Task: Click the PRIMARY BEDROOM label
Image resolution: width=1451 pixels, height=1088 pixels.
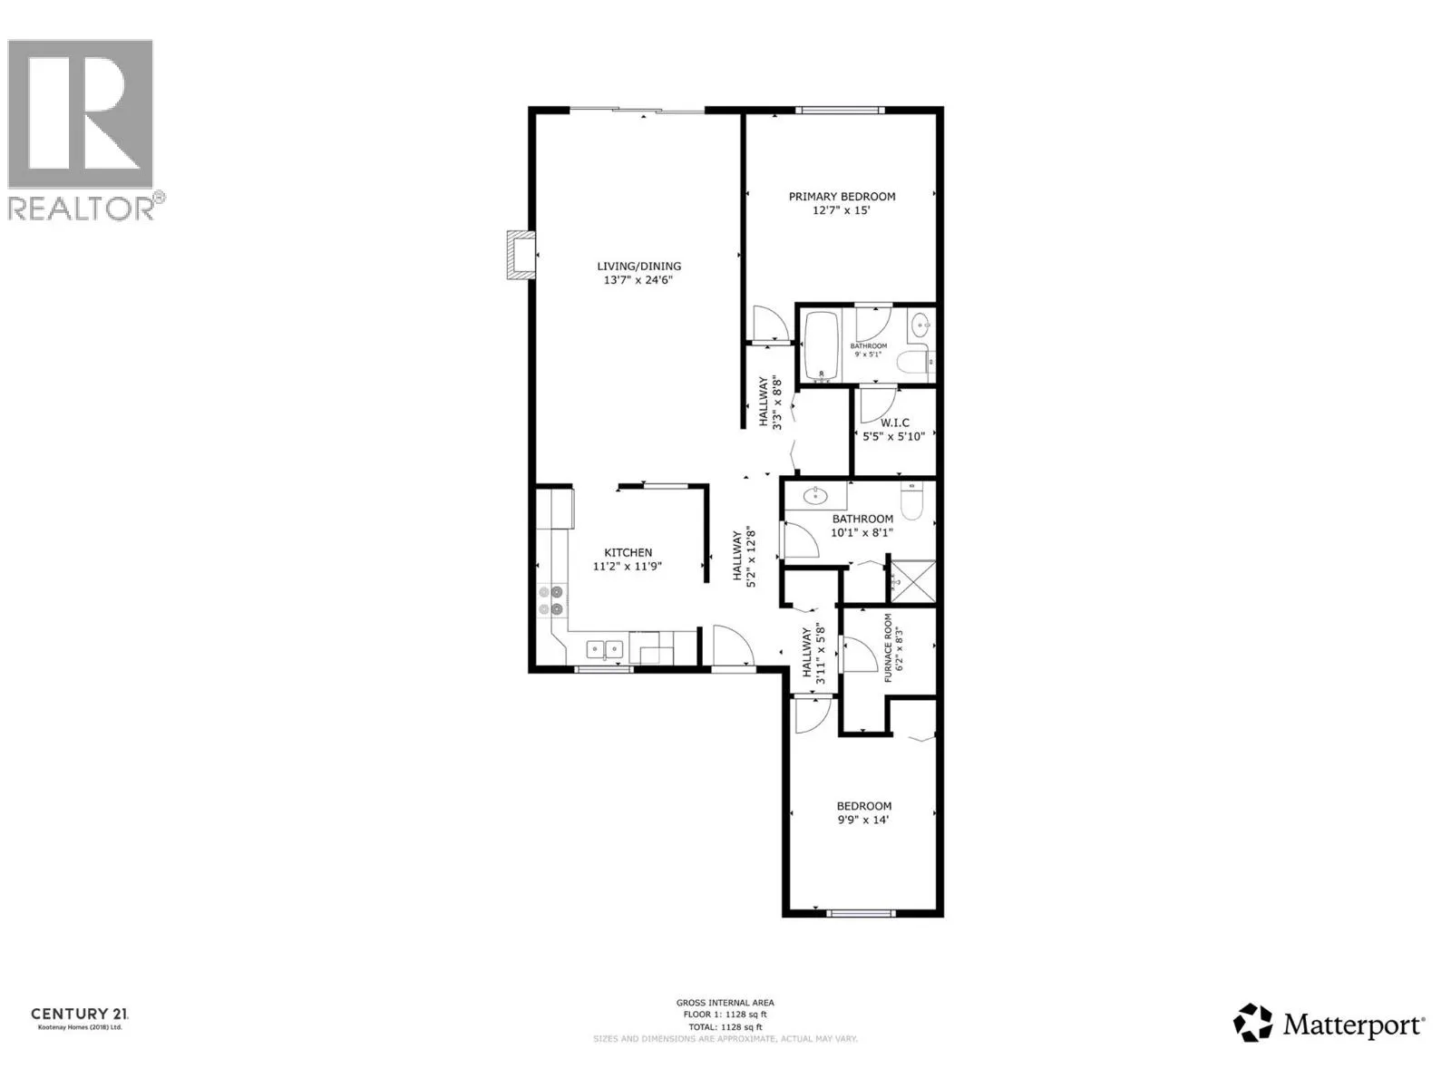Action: pos(842,197)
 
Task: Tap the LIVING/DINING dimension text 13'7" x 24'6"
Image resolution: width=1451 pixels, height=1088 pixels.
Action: pos(638,280)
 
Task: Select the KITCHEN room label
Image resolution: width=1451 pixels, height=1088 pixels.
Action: pos(628,552)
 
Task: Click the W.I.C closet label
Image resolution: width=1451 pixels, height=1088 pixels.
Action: pos(894,423)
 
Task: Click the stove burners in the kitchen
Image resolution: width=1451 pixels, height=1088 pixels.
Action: pos(550,600)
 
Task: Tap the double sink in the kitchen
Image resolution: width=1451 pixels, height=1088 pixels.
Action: pos(604,648)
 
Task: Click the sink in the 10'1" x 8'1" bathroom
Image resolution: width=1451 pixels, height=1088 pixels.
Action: pos(815,495)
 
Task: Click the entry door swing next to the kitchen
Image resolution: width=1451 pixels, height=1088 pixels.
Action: pos(731,645)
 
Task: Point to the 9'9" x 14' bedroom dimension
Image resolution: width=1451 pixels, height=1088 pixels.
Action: pos(862,820)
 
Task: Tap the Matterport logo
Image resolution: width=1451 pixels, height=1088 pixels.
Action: pos(1329,1025)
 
